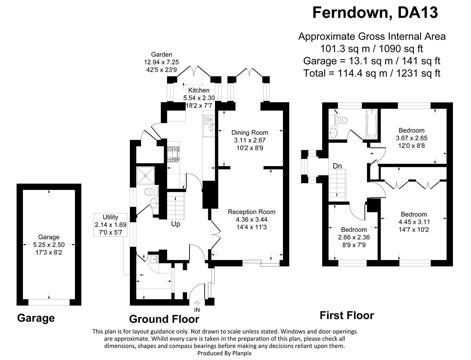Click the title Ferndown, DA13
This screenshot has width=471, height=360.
click(x=375, y=13)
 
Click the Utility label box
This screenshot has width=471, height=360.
click(x=110, y=225)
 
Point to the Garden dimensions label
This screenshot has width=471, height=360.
click(x=161, y=62)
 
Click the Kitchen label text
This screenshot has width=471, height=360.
click(x=199, y=90)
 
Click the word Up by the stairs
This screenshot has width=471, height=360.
click(x=175, y=224)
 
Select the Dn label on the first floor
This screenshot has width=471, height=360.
click(x=337, y=166)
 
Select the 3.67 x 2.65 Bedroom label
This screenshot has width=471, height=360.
click(x=412, y=138)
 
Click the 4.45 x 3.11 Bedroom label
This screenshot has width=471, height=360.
click(x=414, y=222)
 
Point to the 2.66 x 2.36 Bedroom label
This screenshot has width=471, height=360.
click(x=354, y=237)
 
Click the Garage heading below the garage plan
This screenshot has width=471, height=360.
click(x=36, y=318)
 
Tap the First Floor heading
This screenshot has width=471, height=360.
click(x=347, y=315)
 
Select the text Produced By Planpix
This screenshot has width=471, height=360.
click(x=224, y=353)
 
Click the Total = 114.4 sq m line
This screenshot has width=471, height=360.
click(x=372, y=73)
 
